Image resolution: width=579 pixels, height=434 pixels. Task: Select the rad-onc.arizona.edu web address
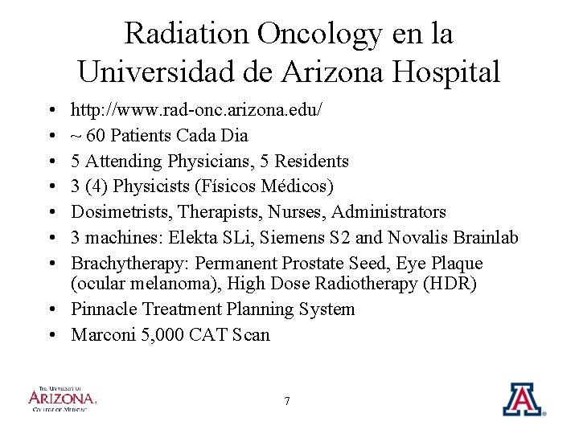(x=196, y=109)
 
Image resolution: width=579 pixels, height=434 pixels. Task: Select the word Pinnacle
(x=101, y=309)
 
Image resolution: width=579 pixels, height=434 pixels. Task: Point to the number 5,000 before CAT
(x=162, y=335)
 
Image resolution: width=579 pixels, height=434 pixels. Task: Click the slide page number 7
(x=288, y=402)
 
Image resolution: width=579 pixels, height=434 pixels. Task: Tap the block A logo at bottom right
(x=523, y=399)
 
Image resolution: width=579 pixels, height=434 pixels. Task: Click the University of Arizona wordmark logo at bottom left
(x=62, y=399)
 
